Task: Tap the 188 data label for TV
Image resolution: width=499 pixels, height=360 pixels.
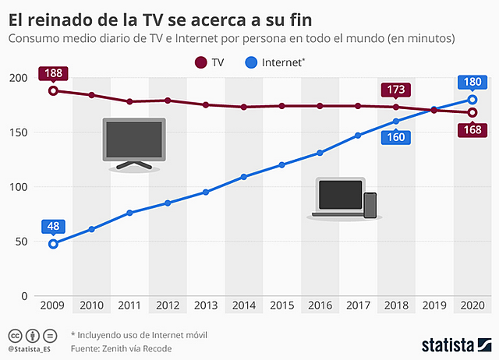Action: pyautogui.click(x=53, y=74)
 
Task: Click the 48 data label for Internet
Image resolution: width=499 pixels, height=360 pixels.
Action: pyautogui.click(x=53, y=227)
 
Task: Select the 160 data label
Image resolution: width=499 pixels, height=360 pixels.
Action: pyautogui.click(x=395, y=137)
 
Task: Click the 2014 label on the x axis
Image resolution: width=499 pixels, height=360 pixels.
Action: pyautogui.click(x=244, y=305)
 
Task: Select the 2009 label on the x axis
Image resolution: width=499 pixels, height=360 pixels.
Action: pyautogui.click(x=53, y=305)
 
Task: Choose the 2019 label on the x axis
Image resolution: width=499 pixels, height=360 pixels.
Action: pyautogui.click(x=434, y=305)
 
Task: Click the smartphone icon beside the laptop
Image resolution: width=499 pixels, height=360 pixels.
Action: pyautogui.click(x=370, y=205)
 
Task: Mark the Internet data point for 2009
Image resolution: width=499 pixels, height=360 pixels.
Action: pyautogui.click(x=53, y=244)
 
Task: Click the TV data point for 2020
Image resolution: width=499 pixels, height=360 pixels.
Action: pyautogui.click(x=472, y=112)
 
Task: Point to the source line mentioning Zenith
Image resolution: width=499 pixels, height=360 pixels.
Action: pyautogui.click(x=121, y=348)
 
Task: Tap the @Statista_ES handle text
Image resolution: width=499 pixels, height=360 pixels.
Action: pyautogui.click(x=32, y=349)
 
